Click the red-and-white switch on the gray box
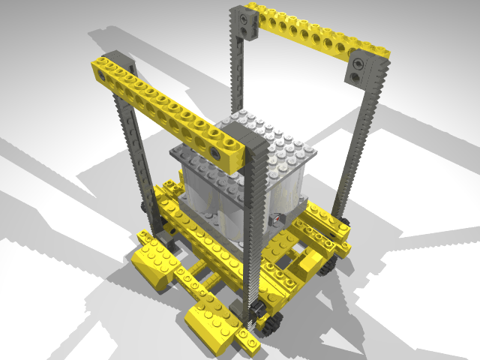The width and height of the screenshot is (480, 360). pos(277,218)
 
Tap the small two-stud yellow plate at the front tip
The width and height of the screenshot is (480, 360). pos(247,339)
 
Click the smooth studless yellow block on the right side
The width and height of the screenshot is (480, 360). pos(309,263)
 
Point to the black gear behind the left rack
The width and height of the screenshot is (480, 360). pos(142,208)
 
